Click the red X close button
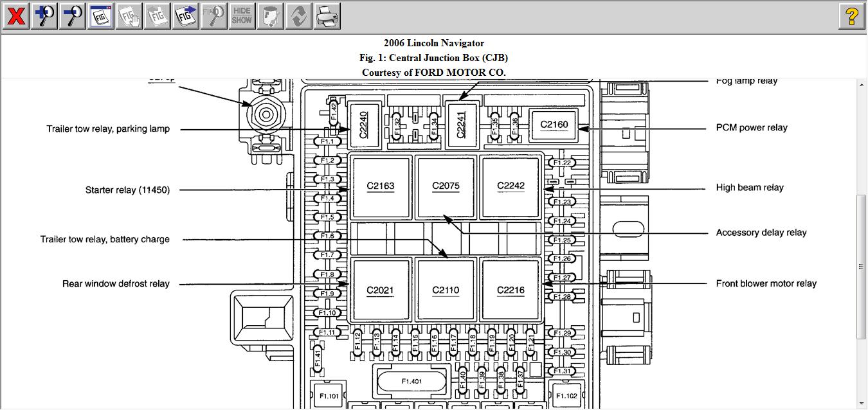(15, 15)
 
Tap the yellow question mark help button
(852, 15)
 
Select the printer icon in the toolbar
(327, 15)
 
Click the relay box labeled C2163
(381, 186)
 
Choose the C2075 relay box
(446, 186)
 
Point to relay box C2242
(511, 186)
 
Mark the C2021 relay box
(380, 290)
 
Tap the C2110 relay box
(446, 290)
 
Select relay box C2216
(511, 290)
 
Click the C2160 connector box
(554, 125)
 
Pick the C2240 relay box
(363, 124)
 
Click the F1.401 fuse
(411, 382)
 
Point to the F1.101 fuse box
(329, 395)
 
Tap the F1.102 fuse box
(566, 395)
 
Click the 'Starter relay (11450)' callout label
(127, 190)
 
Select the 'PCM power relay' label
(752, 128)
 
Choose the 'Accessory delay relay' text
(761, 233)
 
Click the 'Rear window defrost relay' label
(116, 283)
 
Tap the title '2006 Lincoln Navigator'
(434, 43)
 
